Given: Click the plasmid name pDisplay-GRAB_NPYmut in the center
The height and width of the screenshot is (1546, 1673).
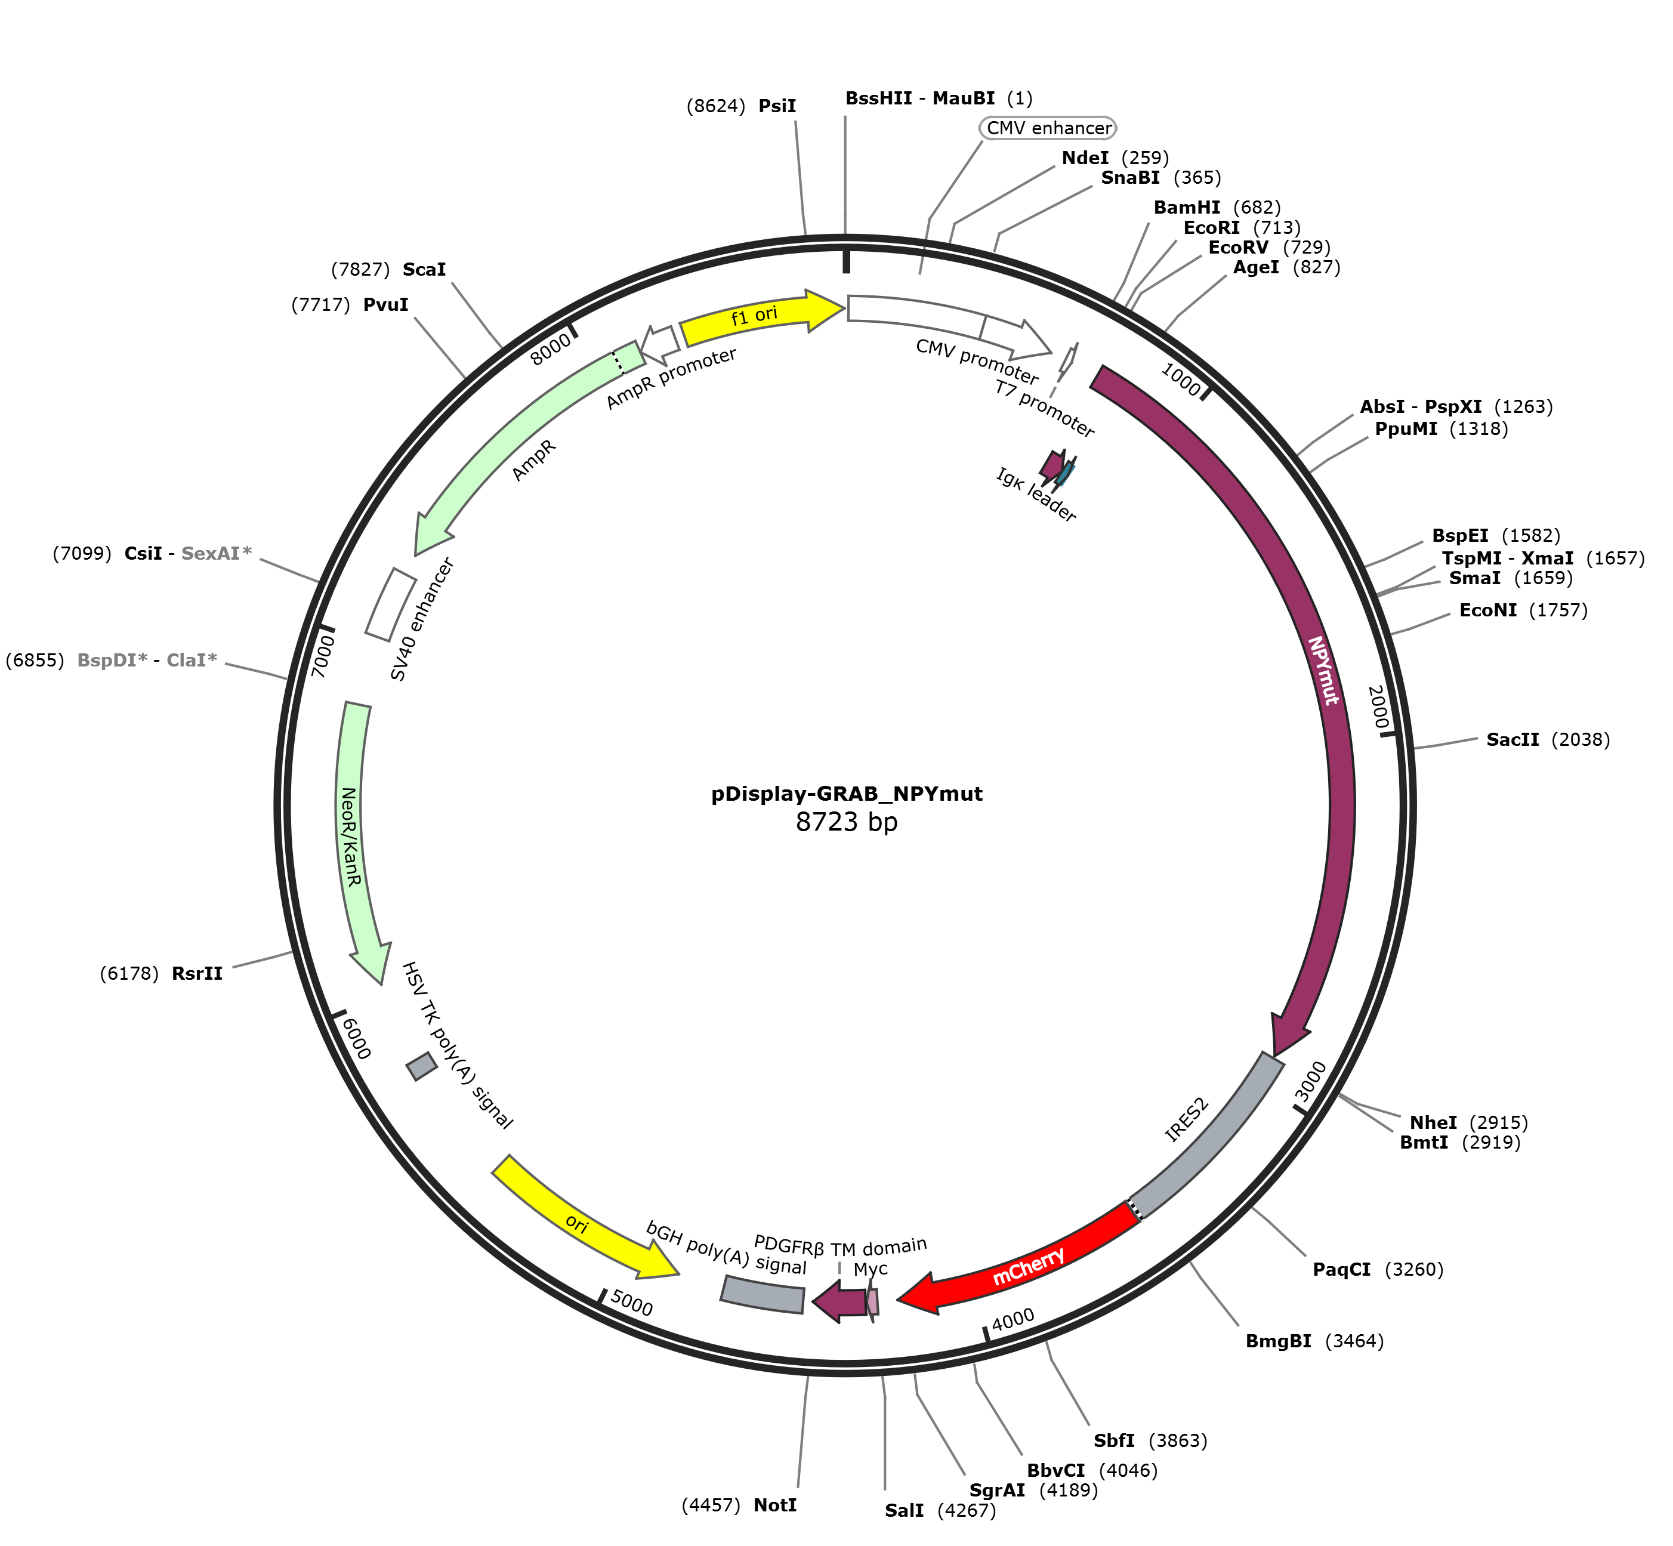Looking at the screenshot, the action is point(847,793).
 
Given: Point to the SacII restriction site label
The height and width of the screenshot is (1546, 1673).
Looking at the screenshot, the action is point(1513,739).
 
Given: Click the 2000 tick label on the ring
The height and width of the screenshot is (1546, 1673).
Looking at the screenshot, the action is point(1378,708).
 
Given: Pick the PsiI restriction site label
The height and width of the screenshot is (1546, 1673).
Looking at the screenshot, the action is point(777,106).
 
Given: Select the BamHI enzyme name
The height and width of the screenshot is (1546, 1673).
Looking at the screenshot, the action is point(1186,208).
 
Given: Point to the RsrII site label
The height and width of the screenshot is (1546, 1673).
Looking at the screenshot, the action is point(197,974).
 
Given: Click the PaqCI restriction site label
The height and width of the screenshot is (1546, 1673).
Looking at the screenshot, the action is point(1342,1270).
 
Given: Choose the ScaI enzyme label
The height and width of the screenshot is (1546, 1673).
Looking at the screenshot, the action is point(424,269).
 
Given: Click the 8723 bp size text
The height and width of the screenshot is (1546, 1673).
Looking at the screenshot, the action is point(847,822).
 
